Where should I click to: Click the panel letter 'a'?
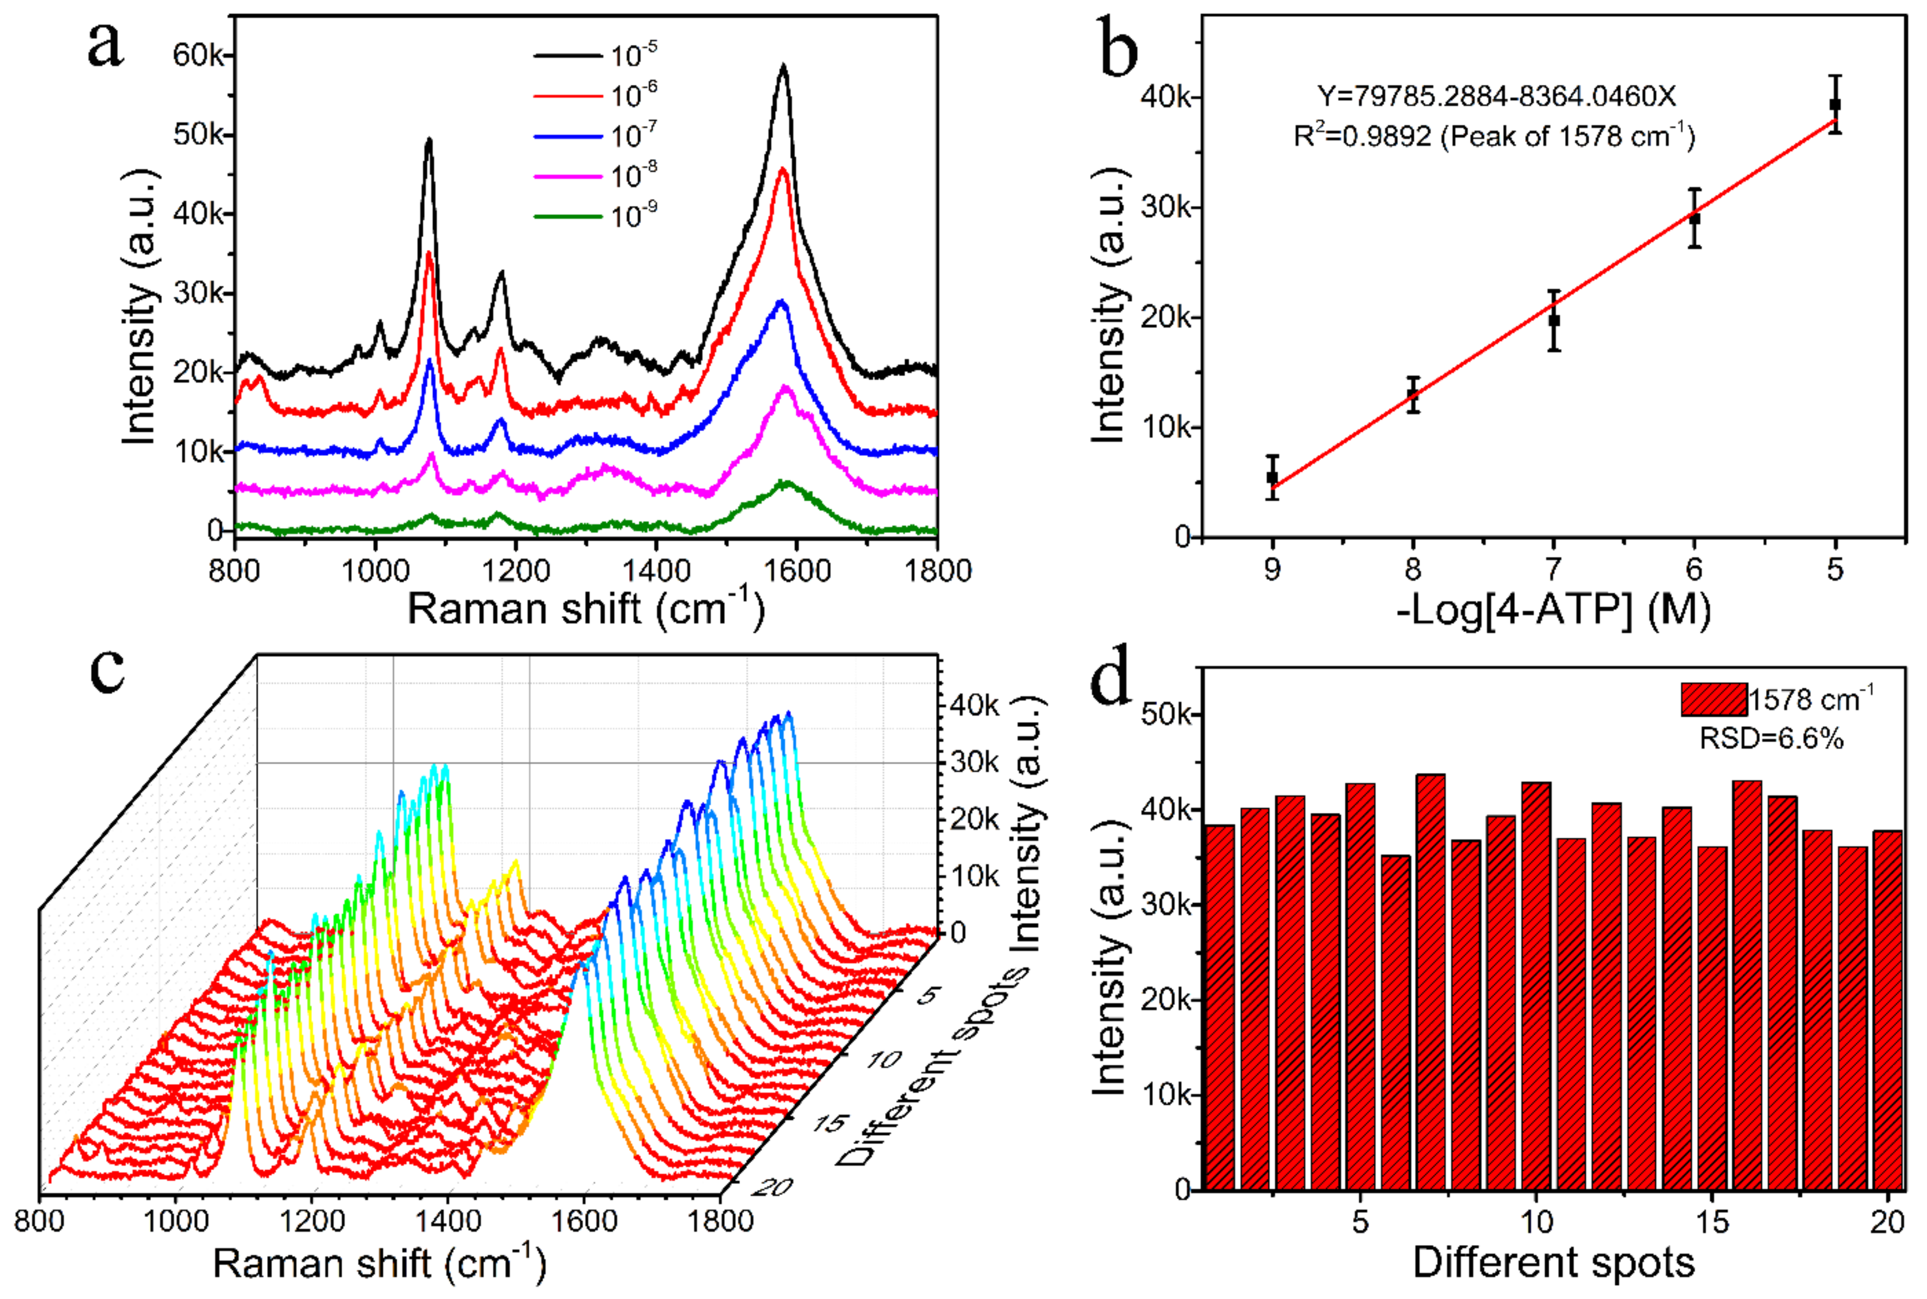pyautogui.click(x=106, y=45)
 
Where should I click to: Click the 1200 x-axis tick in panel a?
pyautogui.click(x=515, y=571)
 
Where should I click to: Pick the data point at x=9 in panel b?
pyautogui.click(x=1273, y=478)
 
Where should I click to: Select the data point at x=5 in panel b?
pyautogui.click(x=1835, y=105)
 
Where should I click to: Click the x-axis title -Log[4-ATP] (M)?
pyautogui.click(x=1553, y=610)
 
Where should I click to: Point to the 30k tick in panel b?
pyautogui.click(x=1167, y=207)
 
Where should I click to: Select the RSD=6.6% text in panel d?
pyautogui.click(x=1771, y=737)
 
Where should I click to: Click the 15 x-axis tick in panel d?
pyautogui.click(x=1712, y=1222)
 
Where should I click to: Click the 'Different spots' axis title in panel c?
pyautogui.click(x=932, y=1069)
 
